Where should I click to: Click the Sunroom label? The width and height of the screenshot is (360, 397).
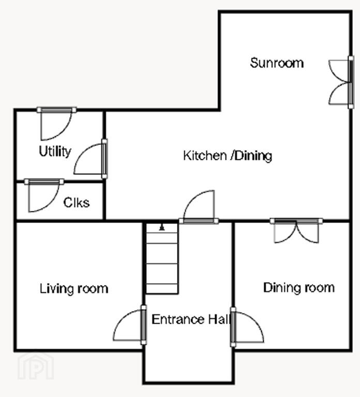click(x=277, y=63)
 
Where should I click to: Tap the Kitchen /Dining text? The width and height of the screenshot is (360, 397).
click(x=228, y=156)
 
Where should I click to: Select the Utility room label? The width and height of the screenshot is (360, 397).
click(x=55, y=151)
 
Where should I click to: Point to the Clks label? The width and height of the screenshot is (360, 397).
click(x=76, y=203)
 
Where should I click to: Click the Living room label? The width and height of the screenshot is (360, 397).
click(x=74, y=288)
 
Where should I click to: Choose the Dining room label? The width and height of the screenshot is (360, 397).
click(x=299, y=287)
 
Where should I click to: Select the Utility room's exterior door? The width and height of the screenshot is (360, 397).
click(x=56, y=124)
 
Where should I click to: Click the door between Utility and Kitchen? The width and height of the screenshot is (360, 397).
click(x=91, y=159)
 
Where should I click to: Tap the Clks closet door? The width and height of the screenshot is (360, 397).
click(x=44, y=195)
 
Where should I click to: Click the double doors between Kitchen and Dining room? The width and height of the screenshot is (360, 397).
click(x=296, y=231)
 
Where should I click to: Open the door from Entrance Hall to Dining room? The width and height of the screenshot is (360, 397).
click(x=247, y=327)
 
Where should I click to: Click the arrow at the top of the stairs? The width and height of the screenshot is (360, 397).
click(x=161, y=227)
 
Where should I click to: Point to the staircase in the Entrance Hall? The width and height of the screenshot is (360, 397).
click(x=162, y=258)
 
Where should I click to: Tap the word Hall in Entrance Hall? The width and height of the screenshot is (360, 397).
click(x=220, y=319)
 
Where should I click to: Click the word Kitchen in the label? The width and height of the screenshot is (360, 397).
click(x=205, y=156)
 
